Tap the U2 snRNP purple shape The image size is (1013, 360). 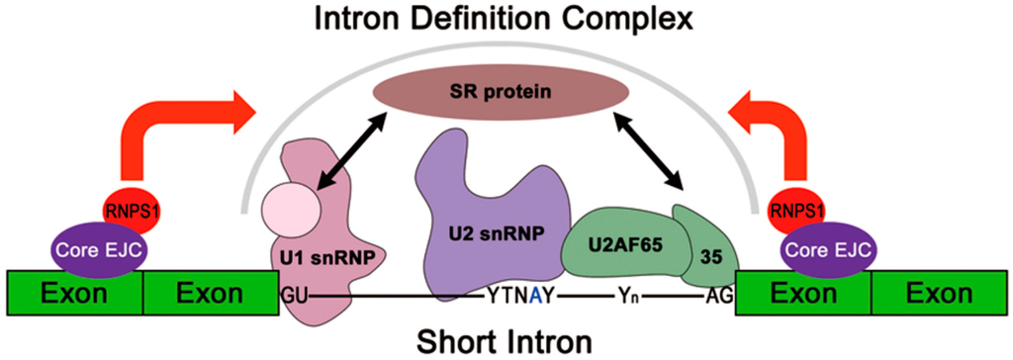pyautogui.click(x=494, y=218)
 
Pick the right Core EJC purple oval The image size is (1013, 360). pyautogui.click(x=822, y=246)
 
